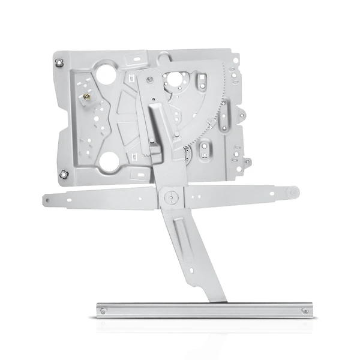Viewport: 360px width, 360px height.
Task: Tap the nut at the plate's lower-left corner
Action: pos(64,174)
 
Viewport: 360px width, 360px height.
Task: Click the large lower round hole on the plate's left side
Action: pos(110,160)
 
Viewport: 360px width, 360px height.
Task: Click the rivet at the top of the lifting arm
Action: pos(148,78)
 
